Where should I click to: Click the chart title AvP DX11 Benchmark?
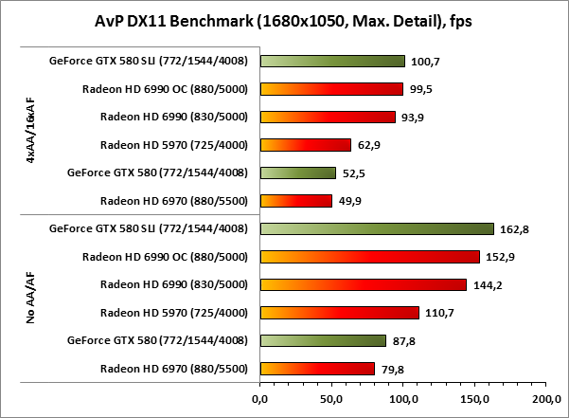click(284, 22)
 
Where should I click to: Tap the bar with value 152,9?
click(369, 256)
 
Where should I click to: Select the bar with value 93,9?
click(328, 118)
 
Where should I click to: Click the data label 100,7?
click(421, 62)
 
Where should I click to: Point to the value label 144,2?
click(485, 284)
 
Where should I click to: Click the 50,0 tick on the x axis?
click(331, 398)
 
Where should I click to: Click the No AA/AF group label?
click(31, 299)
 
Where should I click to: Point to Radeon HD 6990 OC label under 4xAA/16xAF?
click(165, 89)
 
